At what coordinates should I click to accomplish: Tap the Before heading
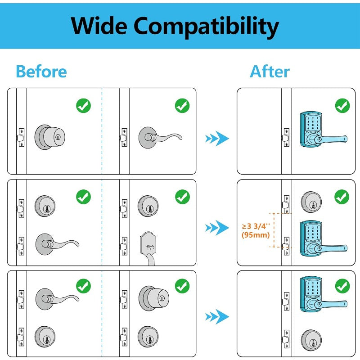click(x=41, y=72)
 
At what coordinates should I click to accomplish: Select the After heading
click(x=270, y=72)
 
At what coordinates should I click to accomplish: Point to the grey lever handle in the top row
click(x=160, y=135)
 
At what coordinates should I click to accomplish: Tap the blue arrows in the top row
click(x=217, y=138)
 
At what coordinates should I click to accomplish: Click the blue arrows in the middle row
click(x=217, y=228)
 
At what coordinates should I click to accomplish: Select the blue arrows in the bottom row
click(x=217, y=317)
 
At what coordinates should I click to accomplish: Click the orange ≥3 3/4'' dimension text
click(x=256, y=226)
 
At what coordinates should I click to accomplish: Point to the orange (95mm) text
click(x=255, y=235)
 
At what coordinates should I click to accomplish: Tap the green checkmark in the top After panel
click(x=342, y=106)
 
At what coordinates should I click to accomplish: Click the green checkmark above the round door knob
click(x=83, y=106)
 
